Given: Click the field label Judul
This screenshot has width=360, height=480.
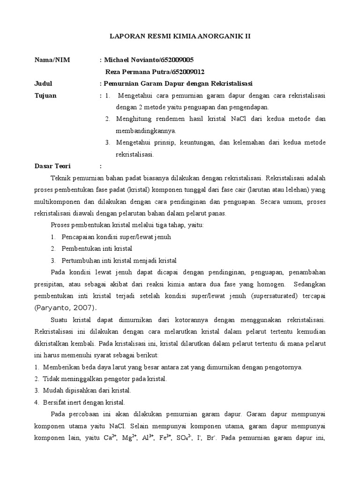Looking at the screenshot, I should point(44,83).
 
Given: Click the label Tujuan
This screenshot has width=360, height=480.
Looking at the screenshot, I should point(45,95).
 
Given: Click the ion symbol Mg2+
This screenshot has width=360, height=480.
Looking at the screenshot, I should point(128,439).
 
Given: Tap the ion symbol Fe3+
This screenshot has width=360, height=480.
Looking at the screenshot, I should point(166,439).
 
